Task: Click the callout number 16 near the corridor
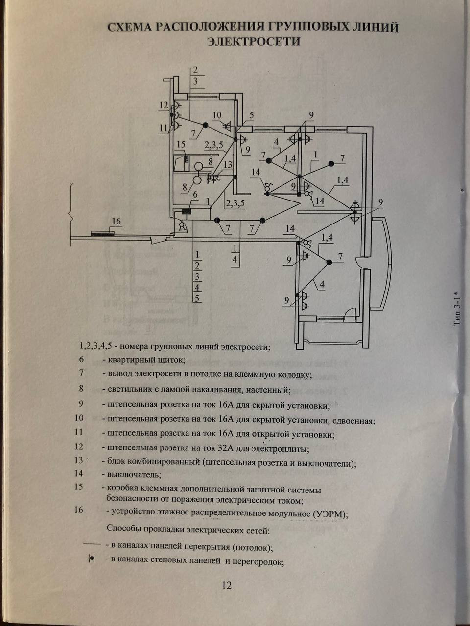[x=116, y=222]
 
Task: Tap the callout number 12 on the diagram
[x=163, y=105]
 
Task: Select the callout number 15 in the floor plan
[x=181, y=144]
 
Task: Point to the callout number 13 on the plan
[x=228, y=165]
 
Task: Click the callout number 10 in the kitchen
[x=216, y=115]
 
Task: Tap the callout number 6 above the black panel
[x=195, y=195]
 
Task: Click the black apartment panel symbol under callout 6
[x=187, y=212]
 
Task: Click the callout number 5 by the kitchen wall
[x=251, y=115]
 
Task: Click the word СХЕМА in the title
[x=130, y=27]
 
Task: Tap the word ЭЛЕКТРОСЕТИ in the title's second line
[x=253, y=42]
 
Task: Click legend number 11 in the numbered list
[x=79, y=432]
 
